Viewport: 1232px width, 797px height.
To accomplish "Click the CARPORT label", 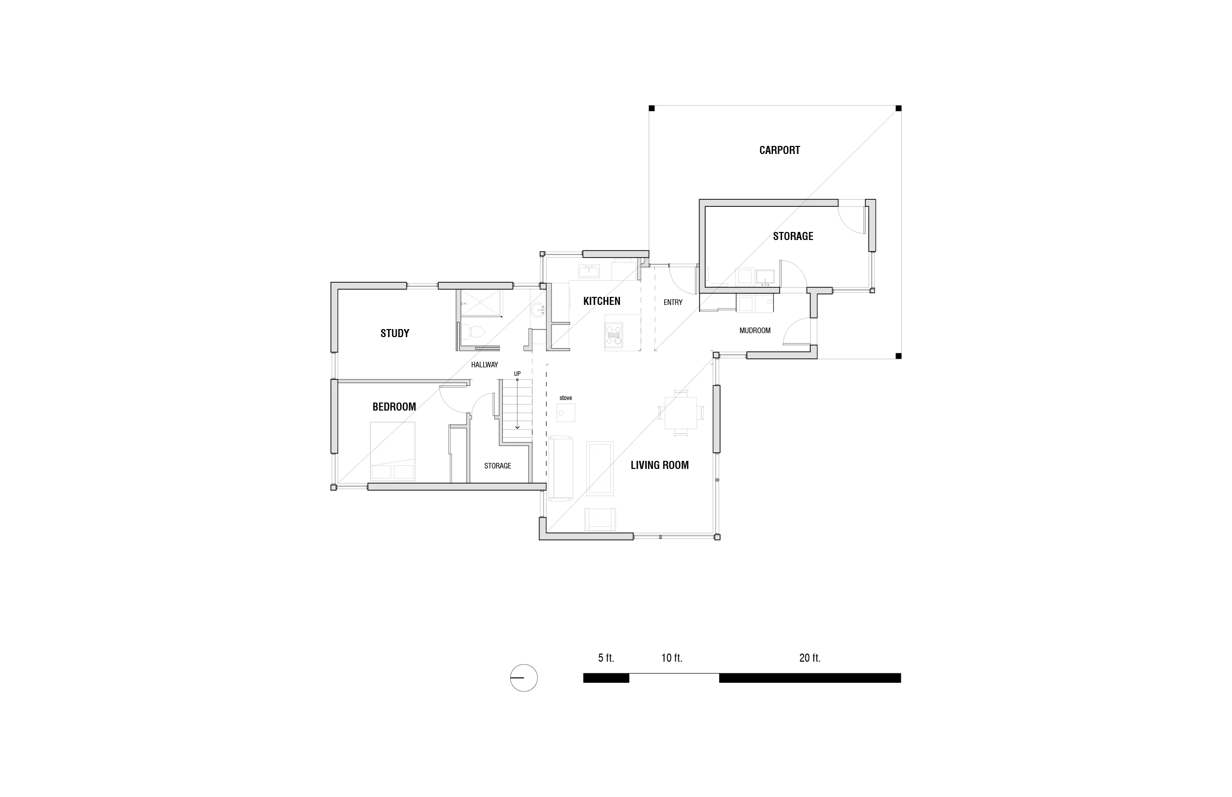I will point(779,150).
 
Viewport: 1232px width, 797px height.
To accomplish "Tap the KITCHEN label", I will point(601,301).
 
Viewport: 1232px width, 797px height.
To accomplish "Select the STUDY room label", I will point(395,333).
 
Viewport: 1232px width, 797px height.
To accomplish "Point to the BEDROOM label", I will point(394,407).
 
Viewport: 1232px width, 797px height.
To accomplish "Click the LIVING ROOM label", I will point(659,465).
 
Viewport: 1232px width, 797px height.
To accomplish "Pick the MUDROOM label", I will point(755,331).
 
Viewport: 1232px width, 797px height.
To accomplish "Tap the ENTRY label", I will point(673,302).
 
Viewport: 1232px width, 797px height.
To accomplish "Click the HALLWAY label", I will point(484,365).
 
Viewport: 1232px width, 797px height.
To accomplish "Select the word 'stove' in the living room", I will point(565,398).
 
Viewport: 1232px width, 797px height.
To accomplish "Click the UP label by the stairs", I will point(517,374).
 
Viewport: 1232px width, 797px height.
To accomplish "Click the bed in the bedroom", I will point(393,451).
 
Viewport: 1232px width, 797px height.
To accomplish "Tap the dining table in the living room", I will point(680,413).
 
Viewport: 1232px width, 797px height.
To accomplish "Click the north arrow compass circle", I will point(523,677).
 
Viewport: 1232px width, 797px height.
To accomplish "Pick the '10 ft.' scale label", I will point(671,658).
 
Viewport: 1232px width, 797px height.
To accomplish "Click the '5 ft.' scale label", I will point(605,658).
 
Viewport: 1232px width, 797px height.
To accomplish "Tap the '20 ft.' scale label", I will point(810,658).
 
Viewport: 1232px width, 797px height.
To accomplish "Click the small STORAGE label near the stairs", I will point(497,466).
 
